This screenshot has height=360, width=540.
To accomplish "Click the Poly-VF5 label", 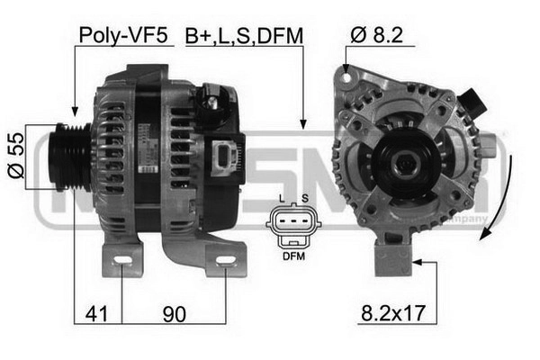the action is (123, 35).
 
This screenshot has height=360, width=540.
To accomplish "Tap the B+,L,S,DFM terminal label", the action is (244, 36).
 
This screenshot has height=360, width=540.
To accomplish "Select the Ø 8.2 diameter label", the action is (376, 35).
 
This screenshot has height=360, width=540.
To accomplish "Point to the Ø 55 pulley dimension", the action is (16, 156).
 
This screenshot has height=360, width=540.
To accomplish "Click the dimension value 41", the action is (97, 313).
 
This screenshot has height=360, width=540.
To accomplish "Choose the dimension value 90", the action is (175, 314).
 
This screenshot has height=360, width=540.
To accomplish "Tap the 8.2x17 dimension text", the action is (393, 313).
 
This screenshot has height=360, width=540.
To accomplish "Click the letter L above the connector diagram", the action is (282, 199).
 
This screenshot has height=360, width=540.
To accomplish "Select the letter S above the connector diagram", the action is (305, 199).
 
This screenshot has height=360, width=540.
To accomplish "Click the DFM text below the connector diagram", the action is (293, 256).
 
